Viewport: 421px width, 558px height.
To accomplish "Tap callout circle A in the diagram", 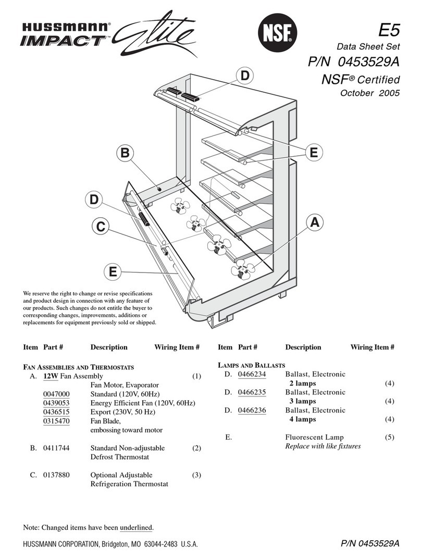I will tap(314, 222).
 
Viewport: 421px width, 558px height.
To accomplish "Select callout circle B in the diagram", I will tap(124, 154).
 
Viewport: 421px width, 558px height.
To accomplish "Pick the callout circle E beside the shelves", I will tap(313, 152).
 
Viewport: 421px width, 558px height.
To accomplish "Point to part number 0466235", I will tap(252, 392).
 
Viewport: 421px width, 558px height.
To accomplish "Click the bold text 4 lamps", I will tap(303, 419).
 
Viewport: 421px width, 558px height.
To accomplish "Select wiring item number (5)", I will tap(390, 438).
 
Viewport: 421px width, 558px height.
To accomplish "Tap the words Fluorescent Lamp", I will tap(314, 438).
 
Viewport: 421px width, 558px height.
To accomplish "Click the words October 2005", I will tap(369, 94).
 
